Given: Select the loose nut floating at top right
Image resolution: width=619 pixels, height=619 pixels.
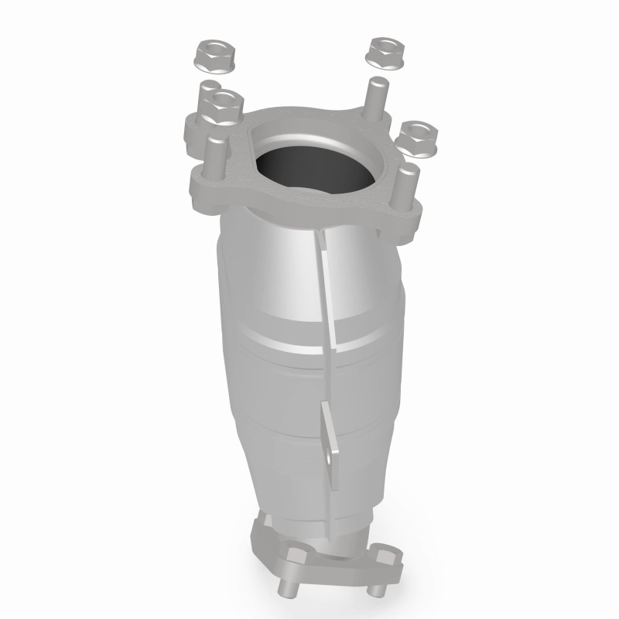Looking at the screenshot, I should pyautogui.click(x=383, y=51).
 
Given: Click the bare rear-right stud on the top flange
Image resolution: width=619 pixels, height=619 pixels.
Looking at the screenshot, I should pyautogui.click(x=376, y=97).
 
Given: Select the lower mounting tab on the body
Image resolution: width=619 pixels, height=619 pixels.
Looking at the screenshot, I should pyautogui.click(x=331, y=449).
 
